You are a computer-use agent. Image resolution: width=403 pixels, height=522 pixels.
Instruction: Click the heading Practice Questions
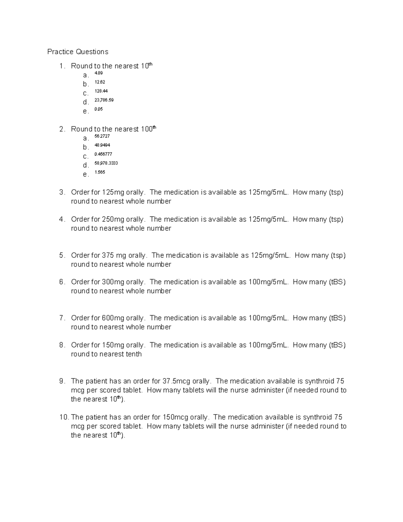(x=78, y=52)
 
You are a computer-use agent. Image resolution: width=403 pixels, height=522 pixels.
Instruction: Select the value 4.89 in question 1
(x=98, y=73)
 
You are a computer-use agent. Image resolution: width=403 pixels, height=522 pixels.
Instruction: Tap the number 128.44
(x=101, y=91)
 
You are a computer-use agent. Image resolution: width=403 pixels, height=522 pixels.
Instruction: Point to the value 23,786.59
(x=104, y=100)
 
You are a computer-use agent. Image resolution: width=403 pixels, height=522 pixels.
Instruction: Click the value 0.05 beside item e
(x=98, y=109)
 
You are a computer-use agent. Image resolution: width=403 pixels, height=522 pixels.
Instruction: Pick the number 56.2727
(x=102, y=136)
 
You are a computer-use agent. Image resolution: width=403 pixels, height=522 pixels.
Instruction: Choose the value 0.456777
(x=103, y=154)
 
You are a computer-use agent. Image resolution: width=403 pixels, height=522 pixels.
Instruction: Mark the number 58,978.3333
(x=106, y=163)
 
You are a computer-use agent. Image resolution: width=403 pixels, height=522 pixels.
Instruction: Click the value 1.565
(x=100, y=172)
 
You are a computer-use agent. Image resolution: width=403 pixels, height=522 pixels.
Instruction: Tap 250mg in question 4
(x=113, y=219)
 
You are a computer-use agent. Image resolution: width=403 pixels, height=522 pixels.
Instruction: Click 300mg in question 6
(x=113, y=282)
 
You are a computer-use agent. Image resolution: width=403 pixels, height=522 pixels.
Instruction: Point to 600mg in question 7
(x=113, y=318)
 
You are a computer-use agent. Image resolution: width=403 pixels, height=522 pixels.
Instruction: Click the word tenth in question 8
(x=134, y=354)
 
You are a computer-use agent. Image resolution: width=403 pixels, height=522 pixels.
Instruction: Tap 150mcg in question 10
(x=175, y=417)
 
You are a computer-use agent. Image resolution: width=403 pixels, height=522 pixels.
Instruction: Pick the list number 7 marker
(x=62, y=318)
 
